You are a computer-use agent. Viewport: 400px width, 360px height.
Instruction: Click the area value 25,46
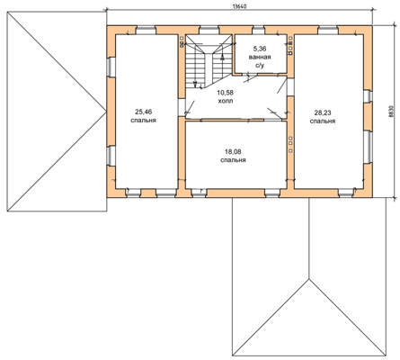tap(144, 112)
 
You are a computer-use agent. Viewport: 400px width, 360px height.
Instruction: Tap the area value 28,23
tap(323, 112)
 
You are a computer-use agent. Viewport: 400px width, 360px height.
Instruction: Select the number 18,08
tap(233, 152)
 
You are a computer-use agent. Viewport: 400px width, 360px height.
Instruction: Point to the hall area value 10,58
tap(226, 93)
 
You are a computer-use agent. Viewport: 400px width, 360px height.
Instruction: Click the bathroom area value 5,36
tap(260, 49)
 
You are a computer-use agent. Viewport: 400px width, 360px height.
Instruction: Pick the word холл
tap(226, 101)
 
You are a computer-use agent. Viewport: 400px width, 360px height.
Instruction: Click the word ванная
tap(260, 57)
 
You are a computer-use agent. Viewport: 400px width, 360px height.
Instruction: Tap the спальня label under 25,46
tap(144, 121)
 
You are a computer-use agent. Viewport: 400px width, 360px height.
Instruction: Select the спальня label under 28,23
tap(323, 121)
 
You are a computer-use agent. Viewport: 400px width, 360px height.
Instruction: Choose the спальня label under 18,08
tap(233, 160)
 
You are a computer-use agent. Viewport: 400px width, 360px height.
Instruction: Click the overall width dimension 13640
tap(239, 6)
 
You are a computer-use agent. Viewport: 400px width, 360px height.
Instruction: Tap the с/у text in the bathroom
tap(260, 66)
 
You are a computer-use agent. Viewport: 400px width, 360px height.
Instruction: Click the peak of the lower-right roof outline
tap(309, 279)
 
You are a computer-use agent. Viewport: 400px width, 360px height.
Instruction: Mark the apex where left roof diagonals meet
tap(106, 112)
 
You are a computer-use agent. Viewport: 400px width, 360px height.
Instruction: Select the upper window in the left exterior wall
tap(111, 67)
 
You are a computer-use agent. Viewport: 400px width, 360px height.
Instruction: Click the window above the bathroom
tap(258, 30)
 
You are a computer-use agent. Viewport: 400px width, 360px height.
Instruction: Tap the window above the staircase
tap(209, 30)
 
